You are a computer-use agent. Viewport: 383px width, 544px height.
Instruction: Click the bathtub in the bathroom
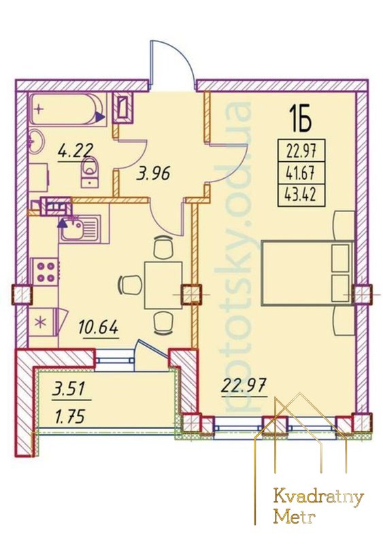[x=66, y=109]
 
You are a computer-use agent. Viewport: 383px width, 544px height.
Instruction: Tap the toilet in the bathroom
[x=90, y=171]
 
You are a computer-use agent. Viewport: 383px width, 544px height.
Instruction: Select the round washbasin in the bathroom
[x=36, y=141]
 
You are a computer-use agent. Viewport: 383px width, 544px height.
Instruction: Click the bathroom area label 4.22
[x=76, y=151]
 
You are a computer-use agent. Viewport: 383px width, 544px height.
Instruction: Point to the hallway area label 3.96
[x=153, y=173]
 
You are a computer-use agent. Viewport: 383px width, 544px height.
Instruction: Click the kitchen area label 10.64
[x=99, y=328]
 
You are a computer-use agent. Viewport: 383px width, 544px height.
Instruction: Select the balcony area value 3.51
[x=69, y=389]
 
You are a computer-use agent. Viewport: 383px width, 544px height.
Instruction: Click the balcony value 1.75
[x=70, y=417]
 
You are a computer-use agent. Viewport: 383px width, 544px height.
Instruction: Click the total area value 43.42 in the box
[x=300, y=196]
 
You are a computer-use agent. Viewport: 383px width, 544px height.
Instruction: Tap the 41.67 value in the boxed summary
[x=300, y=173]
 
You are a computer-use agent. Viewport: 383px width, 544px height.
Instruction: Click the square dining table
[x=163, y=285]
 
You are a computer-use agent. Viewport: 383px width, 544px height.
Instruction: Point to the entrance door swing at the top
[x=171, y=66]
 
